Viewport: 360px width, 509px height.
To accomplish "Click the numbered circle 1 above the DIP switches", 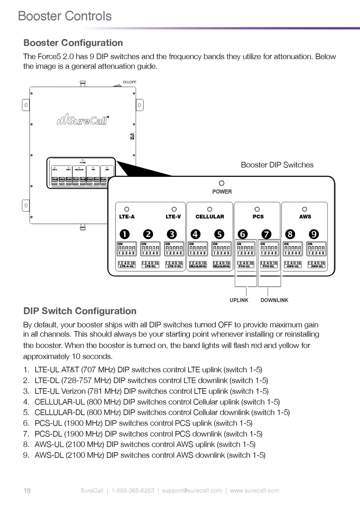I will click(125, 234).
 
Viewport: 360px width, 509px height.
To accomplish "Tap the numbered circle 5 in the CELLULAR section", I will click(219, 234).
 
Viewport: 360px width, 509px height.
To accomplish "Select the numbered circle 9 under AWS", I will click(314, 234).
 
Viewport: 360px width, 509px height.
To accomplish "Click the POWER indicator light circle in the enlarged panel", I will click(222, 183).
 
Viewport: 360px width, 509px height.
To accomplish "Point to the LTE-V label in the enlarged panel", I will click(173, 217).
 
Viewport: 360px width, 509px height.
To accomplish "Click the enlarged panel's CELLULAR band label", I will click(210, 217).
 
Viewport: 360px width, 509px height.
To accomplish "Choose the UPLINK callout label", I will click(239, 300).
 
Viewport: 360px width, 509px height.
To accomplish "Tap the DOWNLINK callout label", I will click(274, 300).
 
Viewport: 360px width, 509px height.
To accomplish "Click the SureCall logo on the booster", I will click(83, 120).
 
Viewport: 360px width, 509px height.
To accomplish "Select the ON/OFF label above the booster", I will click(129, 82).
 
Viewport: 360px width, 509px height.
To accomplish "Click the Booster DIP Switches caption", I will click(277, 165).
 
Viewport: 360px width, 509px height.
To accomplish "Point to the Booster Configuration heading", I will click(73, 43).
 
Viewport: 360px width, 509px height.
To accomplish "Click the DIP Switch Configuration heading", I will click(80, 311).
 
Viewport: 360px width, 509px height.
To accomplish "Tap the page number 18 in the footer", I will click(27, 491).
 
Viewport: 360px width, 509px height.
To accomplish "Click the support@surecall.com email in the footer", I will click(192, 490).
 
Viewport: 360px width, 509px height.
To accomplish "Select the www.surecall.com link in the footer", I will click(255, 490).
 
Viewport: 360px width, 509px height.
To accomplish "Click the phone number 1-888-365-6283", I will click(133, 490).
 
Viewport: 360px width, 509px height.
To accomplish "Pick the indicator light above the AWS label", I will click(304, 209).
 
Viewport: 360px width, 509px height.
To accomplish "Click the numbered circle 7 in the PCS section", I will click(267, 234).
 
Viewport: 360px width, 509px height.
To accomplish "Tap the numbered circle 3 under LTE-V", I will click(172, 234).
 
